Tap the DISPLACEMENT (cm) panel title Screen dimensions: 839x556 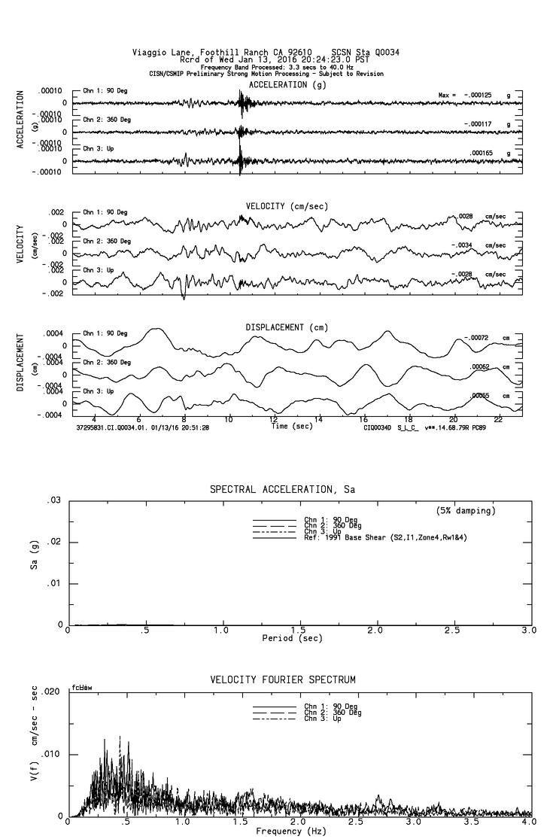pos(287,327)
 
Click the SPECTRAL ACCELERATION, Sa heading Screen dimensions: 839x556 pos(282,490)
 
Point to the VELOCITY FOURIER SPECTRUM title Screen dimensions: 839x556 pos(283,680)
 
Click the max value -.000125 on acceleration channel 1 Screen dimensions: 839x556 pos(477,96)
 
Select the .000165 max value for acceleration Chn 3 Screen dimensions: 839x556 pos(482,153)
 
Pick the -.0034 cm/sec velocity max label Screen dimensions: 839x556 pos(464,245)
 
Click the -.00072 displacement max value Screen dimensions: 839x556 pos(476,338)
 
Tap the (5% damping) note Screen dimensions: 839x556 pos(466,511)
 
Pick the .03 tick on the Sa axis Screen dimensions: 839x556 pos(54,500)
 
